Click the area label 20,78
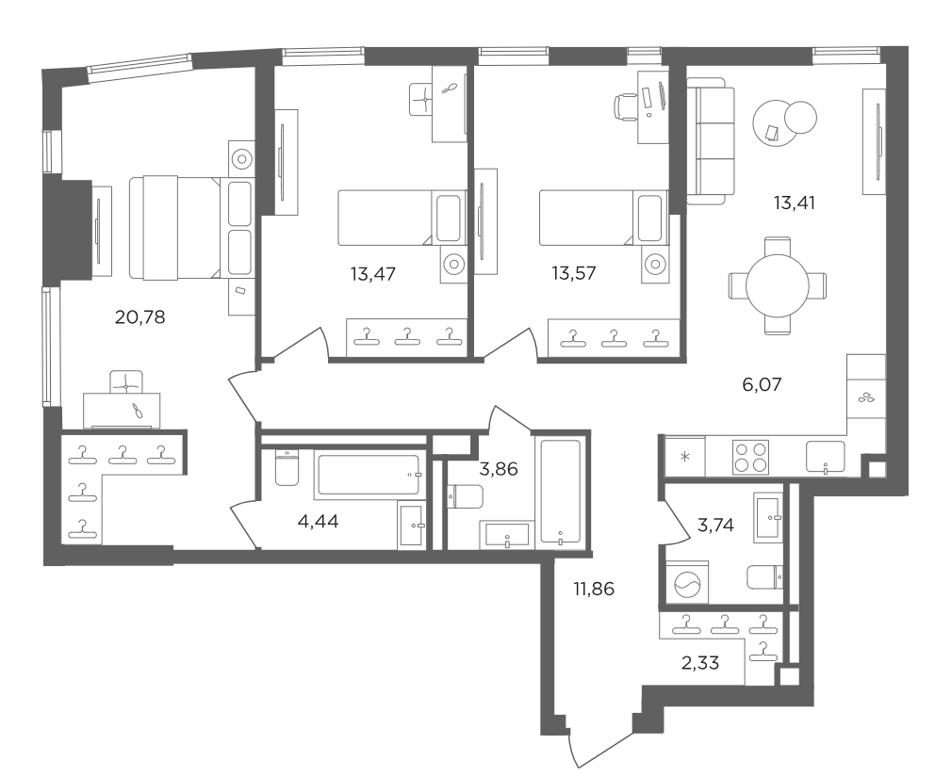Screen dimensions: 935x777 click(x=139, y=317)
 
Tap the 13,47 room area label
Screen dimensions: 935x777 click(x=372, y=274)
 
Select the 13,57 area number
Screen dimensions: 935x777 click(x=574, y=273)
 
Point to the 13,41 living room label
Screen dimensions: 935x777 click(x=795, y=203)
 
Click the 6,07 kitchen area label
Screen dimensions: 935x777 click(x=762, y=384)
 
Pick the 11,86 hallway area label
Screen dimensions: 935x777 click(x=593, y=589)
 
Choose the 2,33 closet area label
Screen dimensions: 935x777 click(x=700, y=663)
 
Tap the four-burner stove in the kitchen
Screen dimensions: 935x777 click(x=751, y=457)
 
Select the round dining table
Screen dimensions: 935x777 click(x=778, y=285)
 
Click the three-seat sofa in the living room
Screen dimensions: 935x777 click(x=710, y=140)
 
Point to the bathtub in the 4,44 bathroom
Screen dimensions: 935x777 click(x=368, y=475)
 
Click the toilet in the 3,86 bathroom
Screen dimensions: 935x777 click(x=465, y=495)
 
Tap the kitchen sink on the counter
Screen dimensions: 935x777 click(x=826, y=457)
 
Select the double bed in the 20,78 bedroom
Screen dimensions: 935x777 click(x=190, y=227)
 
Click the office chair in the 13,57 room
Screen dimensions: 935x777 click(x=625, y=107)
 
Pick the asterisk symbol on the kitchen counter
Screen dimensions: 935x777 click(x=685, y=458)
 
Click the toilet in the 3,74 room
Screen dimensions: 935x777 click(x=765, y=576)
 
